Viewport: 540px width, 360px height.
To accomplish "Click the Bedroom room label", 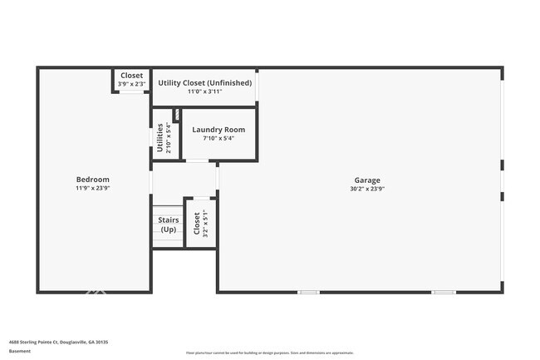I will [92, 180].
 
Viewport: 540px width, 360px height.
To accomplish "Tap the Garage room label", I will [366, 180].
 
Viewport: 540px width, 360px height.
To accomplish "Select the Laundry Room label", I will [218, 130].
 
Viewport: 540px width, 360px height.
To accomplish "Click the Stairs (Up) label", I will [169, 224].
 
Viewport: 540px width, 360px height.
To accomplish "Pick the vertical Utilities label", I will [160, 138].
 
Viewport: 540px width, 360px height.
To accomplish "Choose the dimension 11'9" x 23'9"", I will [92, 189].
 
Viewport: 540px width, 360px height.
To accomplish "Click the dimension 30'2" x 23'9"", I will [366, 189].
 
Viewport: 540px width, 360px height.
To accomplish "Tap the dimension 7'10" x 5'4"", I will [218, 139].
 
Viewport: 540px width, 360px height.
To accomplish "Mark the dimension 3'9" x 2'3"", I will [131, 84].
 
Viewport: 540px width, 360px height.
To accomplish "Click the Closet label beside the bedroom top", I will [131, 76].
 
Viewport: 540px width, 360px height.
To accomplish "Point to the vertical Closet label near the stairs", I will [197, 224].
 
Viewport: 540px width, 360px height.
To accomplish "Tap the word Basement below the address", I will [20, 351].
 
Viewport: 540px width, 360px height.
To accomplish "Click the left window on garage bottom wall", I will [309, 292].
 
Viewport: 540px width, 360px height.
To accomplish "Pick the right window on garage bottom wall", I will [443, 292].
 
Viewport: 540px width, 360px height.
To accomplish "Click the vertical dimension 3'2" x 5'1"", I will [205, 224].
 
